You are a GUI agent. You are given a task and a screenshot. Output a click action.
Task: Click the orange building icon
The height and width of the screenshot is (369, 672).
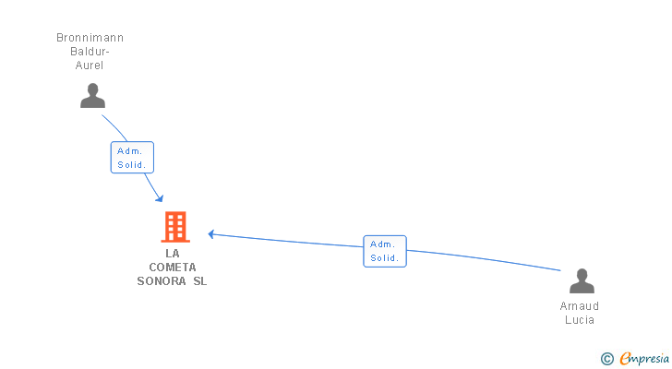(x=174, y=227)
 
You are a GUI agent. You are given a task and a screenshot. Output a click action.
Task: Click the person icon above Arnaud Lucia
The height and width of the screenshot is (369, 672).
(x=582, y=280)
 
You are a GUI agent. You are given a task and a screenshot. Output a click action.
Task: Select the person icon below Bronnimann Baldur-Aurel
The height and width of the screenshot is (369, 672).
(x=92, y=95)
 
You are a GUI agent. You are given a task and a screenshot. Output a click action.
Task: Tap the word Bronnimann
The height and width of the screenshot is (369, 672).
(x=90, y=38)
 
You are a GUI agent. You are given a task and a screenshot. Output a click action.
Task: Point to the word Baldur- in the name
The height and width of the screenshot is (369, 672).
(x=90, y=52)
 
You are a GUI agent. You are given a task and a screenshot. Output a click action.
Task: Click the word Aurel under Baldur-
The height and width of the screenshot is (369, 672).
(x=90, y=65)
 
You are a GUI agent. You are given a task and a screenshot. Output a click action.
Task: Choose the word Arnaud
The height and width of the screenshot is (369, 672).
(x=580, y=306)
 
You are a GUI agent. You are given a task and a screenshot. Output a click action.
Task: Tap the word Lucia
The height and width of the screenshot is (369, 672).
(x=580, y=320)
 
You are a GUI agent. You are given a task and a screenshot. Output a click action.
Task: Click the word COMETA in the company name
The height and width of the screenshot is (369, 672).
(x=173, y=268)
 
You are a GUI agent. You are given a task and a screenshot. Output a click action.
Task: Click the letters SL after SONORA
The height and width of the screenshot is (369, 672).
(x=200, y=281)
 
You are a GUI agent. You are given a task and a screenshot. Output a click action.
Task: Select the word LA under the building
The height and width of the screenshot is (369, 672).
(x=173, y=254)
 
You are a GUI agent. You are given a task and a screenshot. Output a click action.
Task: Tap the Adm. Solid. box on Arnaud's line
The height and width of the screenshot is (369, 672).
(x=385, y=251)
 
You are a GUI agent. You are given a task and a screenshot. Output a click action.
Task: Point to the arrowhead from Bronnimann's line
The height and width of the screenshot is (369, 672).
(x=160, y=198)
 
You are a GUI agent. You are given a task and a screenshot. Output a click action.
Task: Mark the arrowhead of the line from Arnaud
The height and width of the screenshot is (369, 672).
(x=211, y=234)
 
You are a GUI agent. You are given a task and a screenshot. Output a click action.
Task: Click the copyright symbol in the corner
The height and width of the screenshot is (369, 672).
(x=606, y=359)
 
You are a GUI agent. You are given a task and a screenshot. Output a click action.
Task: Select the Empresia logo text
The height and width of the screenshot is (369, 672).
(x=644, y=358)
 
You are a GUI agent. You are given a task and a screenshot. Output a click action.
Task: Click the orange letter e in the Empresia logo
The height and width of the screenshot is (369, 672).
(x=625, y=359)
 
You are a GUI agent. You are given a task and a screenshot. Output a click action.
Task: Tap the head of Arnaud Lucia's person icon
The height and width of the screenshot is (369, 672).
(x=582, y=274)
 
